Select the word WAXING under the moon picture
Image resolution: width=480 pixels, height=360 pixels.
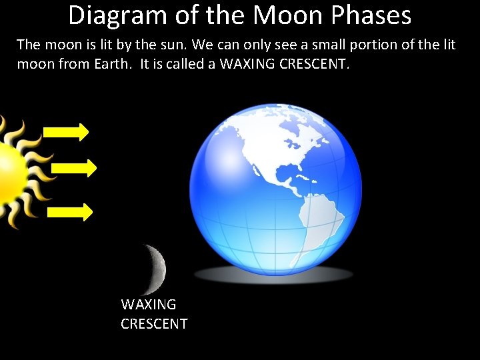(x=149, y=305)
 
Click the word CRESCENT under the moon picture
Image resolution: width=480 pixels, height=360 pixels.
(x=154, y=324)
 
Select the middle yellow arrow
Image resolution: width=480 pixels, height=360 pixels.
(x=73, y=167)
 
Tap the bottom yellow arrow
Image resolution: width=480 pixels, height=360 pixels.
(x=70, y=212)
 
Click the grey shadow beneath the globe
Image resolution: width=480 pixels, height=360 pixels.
(x=273, y=274)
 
